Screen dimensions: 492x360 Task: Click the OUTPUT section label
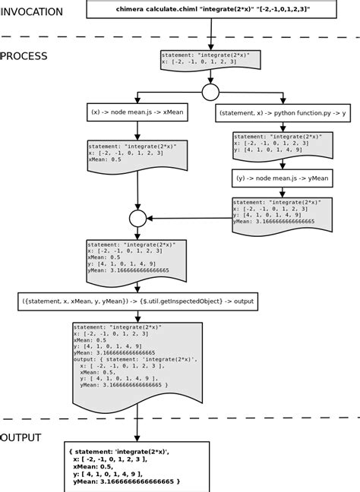point(21,438)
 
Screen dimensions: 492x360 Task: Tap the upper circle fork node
point(210,93)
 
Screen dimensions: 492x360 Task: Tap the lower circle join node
point(137,219)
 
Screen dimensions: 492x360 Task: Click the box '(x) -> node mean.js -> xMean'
point(137,113)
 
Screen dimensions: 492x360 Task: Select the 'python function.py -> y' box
point(282,113)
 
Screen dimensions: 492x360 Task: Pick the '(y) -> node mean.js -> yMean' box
point(282,178)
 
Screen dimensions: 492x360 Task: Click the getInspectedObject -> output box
point(137,302)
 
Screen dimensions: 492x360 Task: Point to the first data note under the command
point(210,59)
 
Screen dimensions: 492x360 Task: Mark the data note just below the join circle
point(137,260)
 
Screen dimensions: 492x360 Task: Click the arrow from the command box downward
point(210,33)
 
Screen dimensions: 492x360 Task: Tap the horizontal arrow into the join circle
point(190,219)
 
